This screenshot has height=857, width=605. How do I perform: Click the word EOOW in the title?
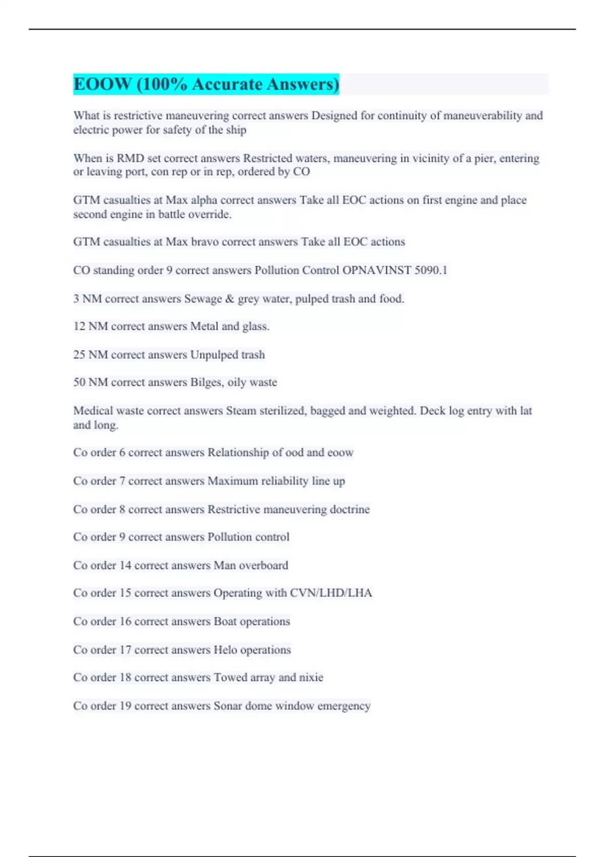(x=102, y=84)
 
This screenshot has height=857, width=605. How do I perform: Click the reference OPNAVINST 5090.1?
(x=395, y=270)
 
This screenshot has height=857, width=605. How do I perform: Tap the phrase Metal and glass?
(x=229, y=327)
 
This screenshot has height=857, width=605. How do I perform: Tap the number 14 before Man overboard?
(x=125, y=566)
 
